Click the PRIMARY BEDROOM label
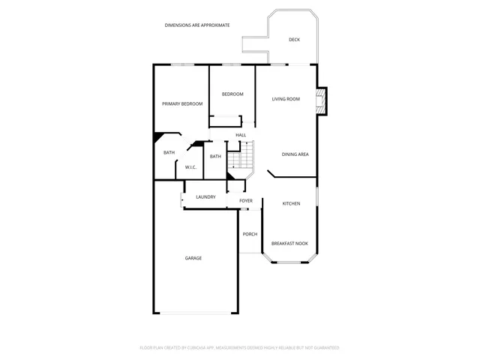click(x=182, y=103)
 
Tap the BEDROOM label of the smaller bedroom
click(x=232, y=94)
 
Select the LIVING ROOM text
click(x=286, y=99)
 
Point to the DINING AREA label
click(x=295, y=154)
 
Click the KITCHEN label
click(x=291, y=204)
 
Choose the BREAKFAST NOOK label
click(x=289, y=244)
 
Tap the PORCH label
click(x=250, y=234)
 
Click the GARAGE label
click(x=193, y=258)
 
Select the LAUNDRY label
click(x=205, y=197)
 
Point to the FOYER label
click(x=246, y=201)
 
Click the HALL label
click(x=241, y=135)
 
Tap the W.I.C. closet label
click(x=190, y=167)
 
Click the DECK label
click(x=294, y=40)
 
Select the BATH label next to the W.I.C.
click(x=169, y=153)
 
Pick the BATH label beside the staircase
click(x=215, y=156)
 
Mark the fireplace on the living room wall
click(x=322, y=101)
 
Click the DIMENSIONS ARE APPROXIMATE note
click(x=197, y=25)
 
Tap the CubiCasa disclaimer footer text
click(x=240, y=348)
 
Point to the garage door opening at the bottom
click(x=196, y=313)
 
